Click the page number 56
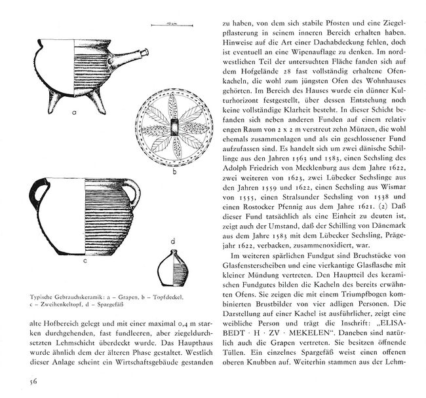[14, 382]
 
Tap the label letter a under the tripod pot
[74, 112]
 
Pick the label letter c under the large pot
[85, 260]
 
